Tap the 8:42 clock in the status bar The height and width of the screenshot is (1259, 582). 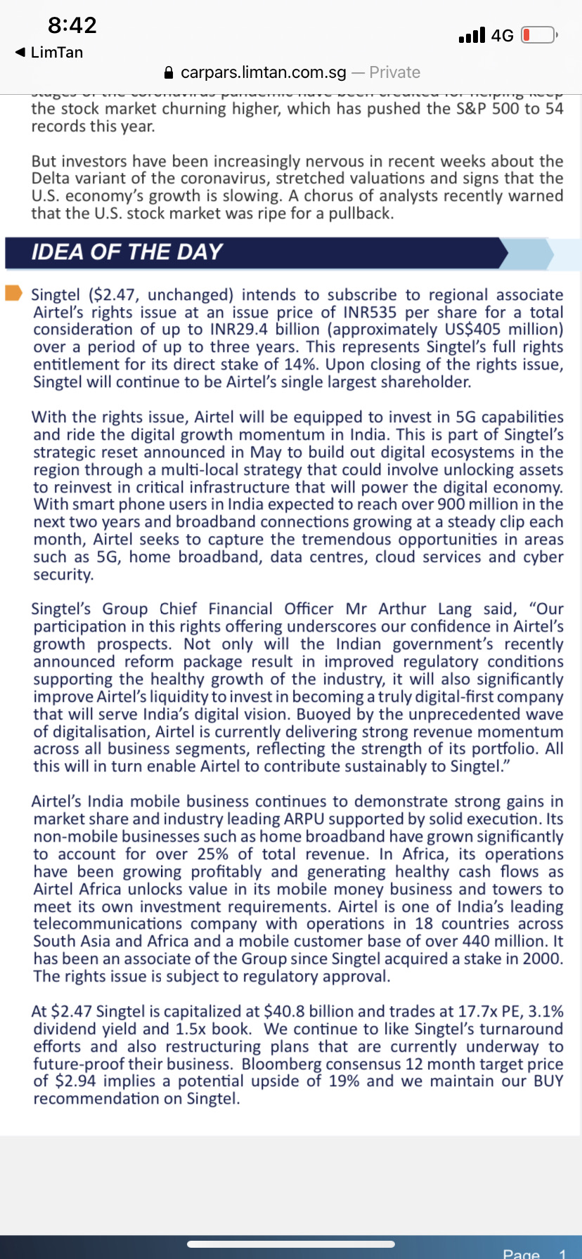point(72,25)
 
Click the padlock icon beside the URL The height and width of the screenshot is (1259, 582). point(168,72)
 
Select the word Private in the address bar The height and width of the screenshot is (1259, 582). point(394,72)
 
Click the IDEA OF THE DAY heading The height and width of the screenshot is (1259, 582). point(127,252)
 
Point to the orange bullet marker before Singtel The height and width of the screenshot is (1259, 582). point(14,293)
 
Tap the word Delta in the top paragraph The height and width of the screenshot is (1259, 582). point(51,178)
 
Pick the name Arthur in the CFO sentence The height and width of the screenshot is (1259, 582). point(402,609)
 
